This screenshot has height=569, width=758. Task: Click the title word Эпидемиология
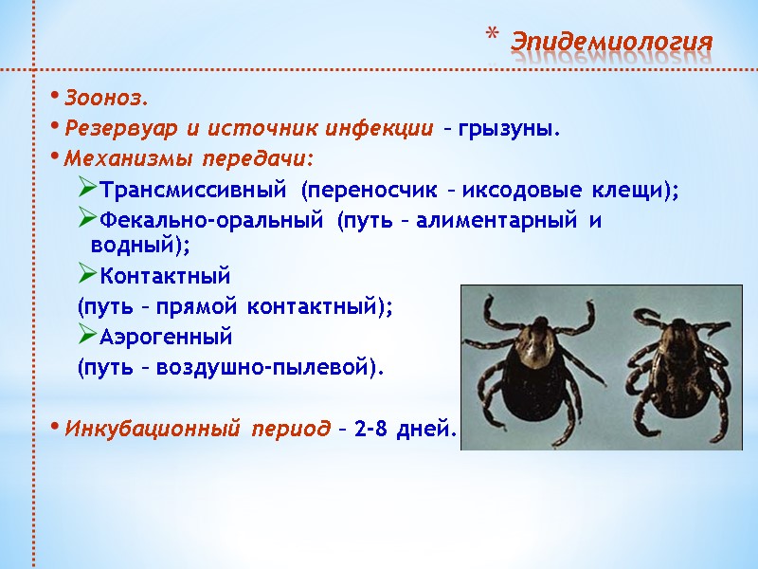point(610,43)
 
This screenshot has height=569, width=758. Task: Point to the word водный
point(133,245)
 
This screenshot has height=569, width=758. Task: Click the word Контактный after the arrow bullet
point(165,276)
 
